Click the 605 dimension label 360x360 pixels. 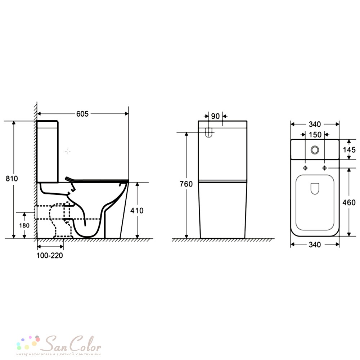tap(82, 114)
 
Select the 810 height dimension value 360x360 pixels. tap(12, 179)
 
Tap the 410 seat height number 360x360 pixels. tap(137, 210)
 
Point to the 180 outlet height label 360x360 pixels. tap(24, 225)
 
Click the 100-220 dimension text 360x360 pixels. tap(50, 255)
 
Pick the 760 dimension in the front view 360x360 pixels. tap(186, 184)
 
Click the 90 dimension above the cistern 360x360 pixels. tap(215, 116)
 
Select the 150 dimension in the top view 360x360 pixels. tap(315, 135)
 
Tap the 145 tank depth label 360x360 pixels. tap(349, 150)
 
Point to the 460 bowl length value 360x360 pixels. tap(349, 202)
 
